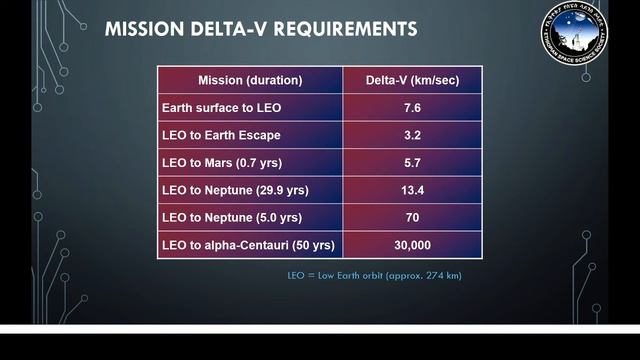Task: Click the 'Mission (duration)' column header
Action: click(249, 80)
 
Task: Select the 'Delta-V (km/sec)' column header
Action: click(412, 80)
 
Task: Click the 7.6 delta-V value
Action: click(412, 107)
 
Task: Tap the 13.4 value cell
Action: click(412, 189)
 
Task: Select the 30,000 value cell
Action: click(412, 244)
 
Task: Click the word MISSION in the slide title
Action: click(144, 30)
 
